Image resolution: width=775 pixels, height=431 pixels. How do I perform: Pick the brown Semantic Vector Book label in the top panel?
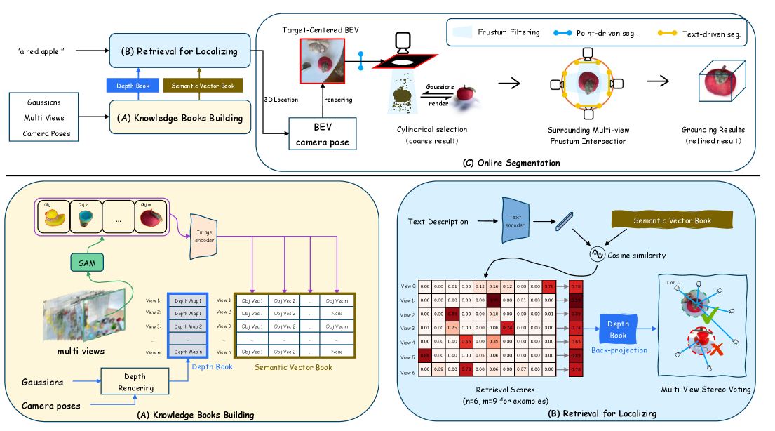[199, 86]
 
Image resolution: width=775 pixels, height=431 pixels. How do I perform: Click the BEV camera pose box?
[322, 133]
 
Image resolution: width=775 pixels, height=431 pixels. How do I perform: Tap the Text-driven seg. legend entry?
[701, 32]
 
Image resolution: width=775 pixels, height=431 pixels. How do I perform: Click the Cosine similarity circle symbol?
[598, 254]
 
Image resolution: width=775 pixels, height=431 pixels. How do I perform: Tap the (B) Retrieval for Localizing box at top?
[178, 51]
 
